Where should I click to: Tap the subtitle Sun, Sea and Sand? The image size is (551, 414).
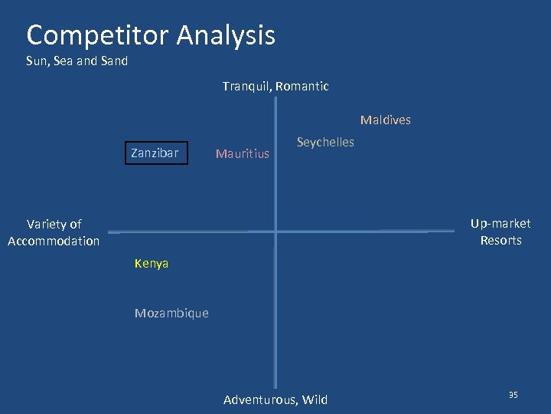77,61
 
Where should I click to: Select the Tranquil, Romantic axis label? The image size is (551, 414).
275,87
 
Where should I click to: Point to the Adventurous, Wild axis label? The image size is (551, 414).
275,399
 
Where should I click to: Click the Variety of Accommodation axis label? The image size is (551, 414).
54,232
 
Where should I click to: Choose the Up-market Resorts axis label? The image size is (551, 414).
500,232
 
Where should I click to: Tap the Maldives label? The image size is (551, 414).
385,120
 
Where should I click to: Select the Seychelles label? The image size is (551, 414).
325,142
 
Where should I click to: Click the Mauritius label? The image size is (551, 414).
243,153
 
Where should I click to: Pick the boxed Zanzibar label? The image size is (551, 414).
155,153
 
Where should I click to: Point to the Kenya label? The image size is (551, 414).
152,264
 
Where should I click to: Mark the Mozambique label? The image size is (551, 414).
171,313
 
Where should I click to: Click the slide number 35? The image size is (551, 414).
514,395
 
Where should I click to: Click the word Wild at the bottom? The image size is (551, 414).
315,399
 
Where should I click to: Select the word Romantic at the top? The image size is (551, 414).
302,87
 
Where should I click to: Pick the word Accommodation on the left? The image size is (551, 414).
54,241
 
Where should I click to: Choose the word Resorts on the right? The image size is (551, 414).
500,240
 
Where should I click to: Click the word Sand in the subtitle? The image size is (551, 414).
114,61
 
